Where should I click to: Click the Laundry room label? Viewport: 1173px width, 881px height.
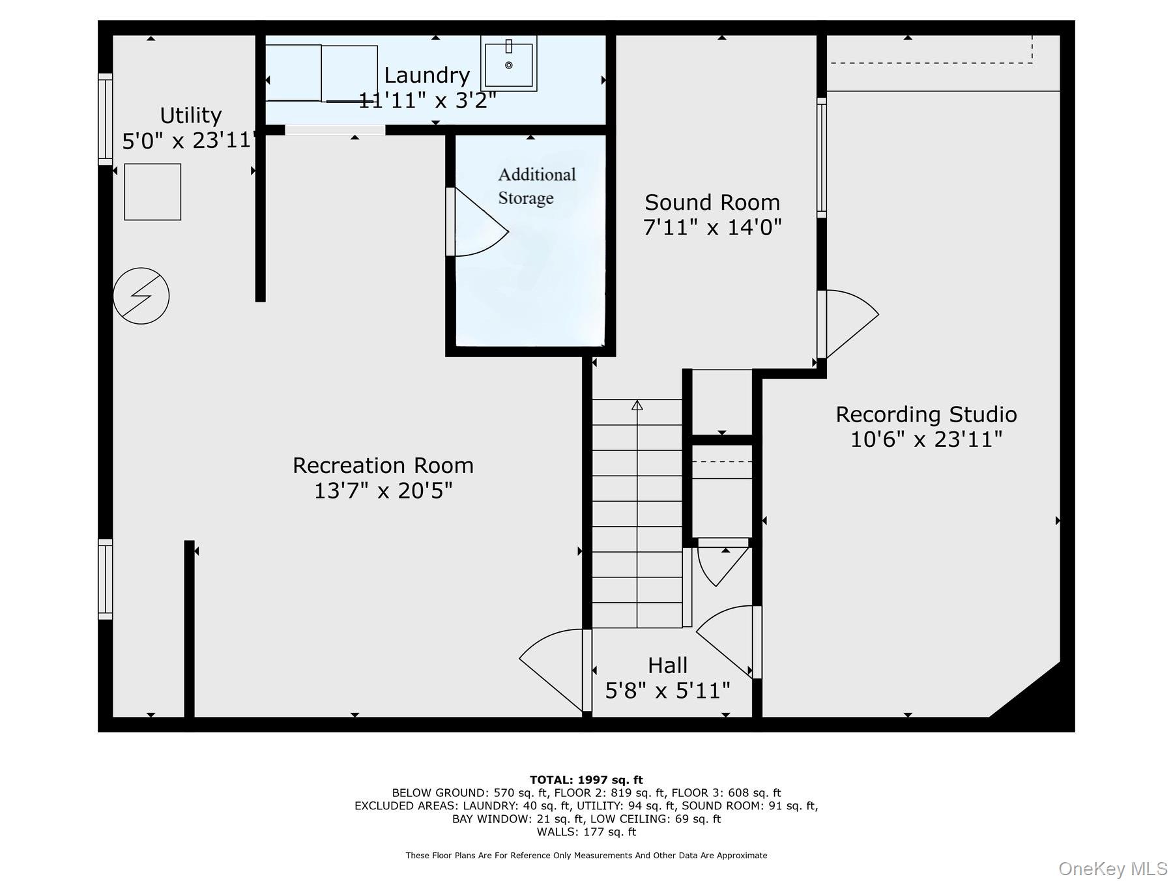[427, 76]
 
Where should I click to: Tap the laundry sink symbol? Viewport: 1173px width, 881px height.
[509, 63]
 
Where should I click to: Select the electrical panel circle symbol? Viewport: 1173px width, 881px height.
[141, 296]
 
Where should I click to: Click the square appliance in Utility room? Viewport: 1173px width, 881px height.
[152, 192]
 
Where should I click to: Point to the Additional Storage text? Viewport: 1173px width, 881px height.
[536, 186]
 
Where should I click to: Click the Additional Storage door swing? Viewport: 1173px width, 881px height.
[479, 225]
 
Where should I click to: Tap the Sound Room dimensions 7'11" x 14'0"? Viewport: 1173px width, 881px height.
[712, 227]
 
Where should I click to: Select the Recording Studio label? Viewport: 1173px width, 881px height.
[926, 414]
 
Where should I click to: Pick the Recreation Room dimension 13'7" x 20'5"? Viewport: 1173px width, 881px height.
[383, 491]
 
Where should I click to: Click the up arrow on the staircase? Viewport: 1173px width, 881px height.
[637, 405]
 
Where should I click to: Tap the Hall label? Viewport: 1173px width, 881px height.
[667, 665]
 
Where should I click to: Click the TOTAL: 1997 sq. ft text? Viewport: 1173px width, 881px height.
[586, 780]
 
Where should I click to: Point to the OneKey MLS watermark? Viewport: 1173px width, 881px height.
[1112, 869]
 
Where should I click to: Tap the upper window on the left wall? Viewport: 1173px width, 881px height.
[105, 119]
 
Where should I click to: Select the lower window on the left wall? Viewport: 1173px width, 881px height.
[105, 579]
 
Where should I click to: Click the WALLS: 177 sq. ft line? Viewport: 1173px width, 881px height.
[586, 832]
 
